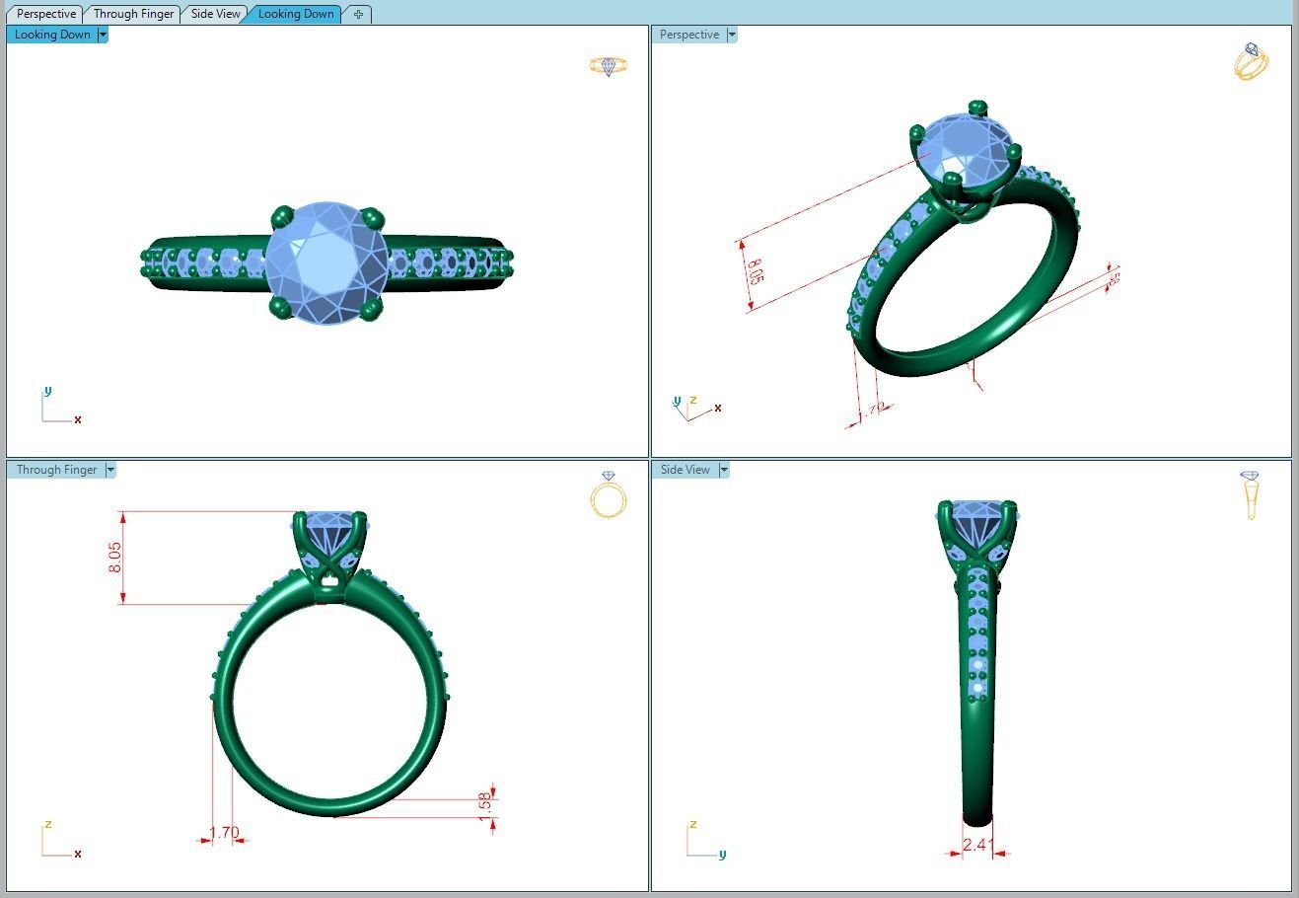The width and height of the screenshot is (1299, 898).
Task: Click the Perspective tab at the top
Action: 46,14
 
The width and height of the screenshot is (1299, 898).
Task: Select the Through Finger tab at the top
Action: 133,14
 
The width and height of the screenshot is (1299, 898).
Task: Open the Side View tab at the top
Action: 215,14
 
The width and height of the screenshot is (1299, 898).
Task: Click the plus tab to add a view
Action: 358,14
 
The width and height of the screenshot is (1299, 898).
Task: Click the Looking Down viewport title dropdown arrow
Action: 103,35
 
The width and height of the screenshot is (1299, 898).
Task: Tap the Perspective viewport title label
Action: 688,35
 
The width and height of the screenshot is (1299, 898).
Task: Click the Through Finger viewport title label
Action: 56,470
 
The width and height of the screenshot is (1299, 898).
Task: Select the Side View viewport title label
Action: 685,470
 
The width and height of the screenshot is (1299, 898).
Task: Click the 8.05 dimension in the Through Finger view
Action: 115,558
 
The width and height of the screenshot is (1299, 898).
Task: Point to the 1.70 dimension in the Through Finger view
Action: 224,832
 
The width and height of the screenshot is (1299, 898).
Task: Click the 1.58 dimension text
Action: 483,803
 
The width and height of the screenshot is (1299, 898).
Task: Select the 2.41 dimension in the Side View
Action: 975,844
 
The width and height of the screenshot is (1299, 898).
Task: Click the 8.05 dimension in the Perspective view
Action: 755,271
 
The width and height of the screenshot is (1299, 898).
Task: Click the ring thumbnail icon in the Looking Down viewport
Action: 609,66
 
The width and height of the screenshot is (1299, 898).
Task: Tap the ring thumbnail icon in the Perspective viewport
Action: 1251,61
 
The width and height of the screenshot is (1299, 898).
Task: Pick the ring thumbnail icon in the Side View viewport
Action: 1251,494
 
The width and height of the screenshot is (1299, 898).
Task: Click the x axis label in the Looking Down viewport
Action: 78,419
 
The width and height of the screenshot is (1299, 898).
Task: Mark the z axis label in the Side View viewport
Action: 693,824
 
